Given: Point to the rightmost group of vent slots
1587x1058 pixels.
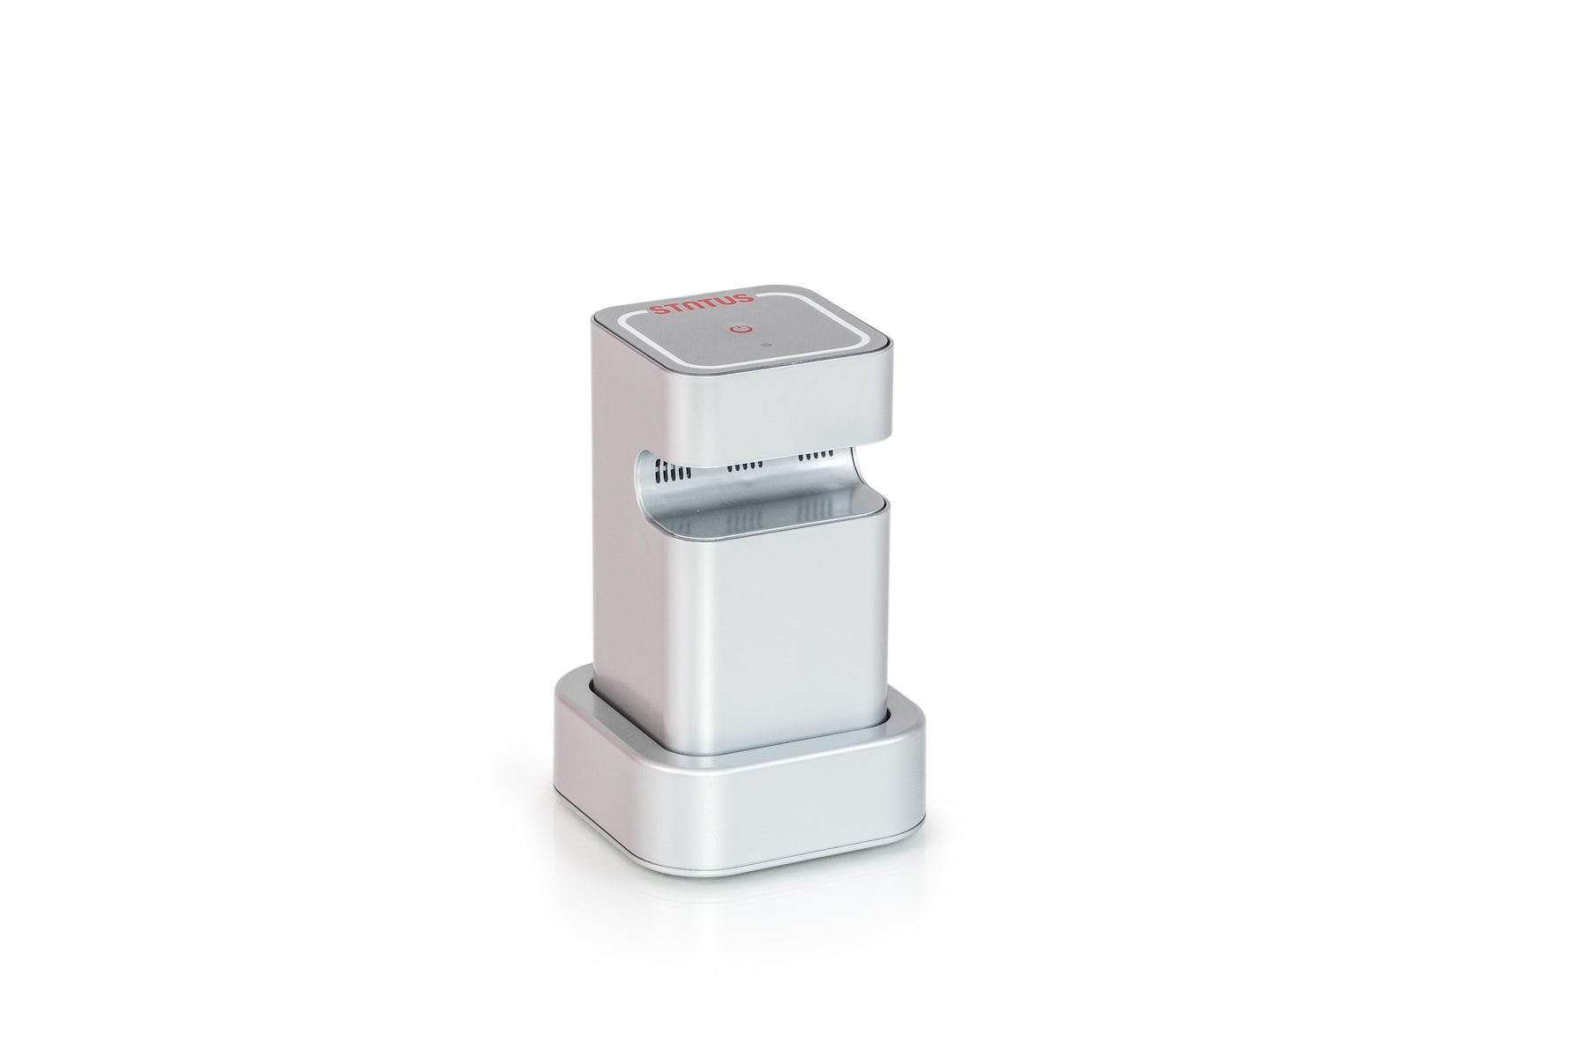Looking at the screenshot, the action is click(816, 458).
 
